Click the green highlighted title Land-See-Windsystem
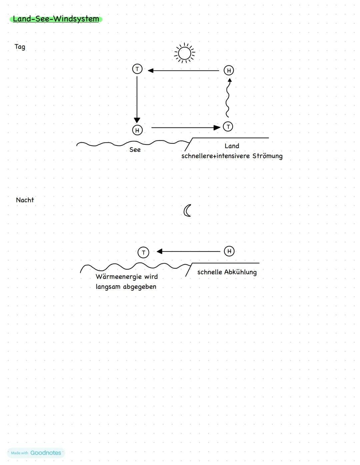tap(56, 19)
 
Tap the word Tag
tap(20, 47)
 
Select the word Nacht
tap(25, 200)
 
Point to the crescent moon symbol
tap(187, 210)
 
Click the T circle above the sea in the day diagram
tap(137, 69)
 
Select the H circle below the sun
tap(229, 70)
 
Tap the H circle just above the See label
tap(137, 130)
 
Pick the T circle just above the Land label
tap(228, 127)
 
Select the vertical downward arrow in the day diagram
tap(137, 98)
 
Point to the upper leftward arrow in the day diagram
tap(184, 71)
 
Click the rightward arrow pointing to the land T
tap(185, 127)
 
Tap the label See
tap(135, 150)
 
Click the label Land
tap(232, 146)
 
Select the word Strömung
tap(267, 156)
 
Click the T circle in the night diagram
tap(143, 253)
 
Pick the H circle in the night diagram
tap(229, 251)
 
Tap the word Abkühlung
tap(240, 272)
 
